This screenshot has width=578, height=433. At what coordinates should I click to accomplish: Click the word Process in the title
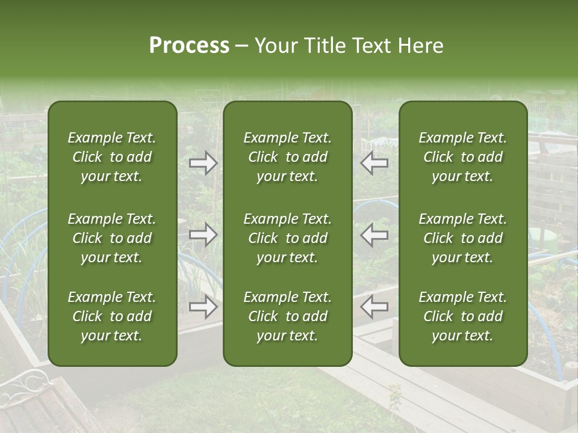coord(189,46)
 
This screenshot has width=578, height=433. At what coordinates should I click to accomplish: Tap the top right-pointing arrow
coord(204,163)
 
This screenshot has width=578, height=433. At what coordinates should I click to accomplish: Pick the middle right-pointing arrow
coord(204,235)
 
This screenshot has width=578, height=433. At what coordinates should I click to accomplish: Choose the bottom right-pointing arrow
coord(204,307)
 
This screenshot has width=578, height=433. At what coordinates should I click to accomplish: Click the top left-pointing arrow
coord(374,163)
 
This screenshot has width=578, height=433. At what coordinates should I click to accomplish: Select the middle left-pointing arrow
coord(374,235)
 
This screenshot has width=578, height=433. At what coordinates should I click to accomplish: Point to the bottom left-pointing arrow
coord(374,307)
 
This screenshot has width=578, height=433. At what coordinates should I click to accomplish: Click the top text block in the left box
coord(112,157)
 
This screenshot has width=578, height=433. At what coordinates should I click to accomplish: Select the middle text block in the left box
coord(112,238)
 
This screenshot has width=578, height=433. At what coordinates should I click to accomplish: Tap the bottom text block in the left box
coord(112,316)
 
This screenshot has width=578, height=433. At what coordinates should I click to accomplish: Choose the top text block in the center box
coord(287,157)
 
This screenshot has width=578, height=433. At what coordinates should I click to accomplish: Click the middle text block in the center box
coord(287,238)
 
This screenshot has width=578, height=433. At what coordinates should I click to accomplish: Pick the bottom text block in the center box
coord(287,316)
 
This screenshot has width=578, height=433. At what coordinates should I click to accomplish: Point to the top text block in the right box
coord(462,157)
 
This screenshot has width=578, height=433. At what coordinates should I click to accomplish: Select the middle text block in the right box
coord(462,238)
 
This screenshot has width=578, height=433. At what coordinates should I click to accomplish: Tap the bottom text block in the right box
coord(462,316)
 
